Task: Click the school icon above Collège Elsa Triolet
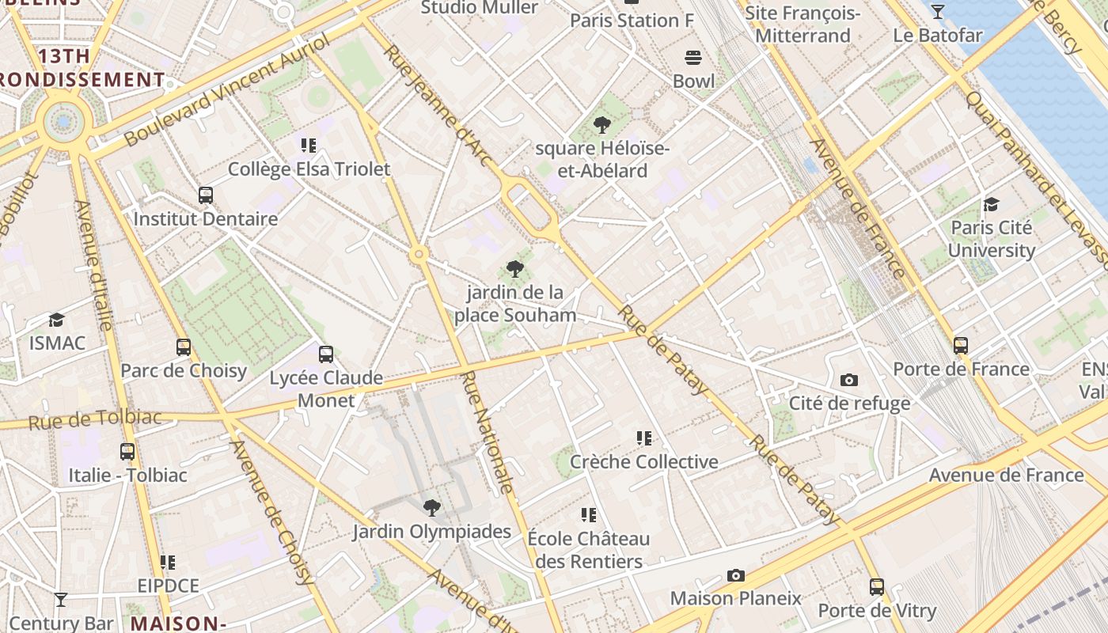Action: pos(309,145)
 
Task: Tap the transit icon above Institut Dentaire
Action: pos(206,195)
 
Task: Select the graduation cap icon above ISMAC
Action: pos(56,320)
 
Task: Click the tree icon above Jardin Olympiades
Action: pos(431,507)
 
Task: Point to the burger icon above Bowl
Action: pos(693,58)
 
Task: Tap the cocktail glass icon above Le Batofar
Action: pos(938,11)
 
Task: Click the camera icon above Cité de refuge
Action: pos(849,380)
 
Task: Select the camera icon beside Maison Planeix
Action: pos(736,575)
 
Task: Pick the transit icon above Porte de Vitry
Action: pos(877,587)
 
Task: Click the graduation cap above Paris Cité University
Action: pos(991,204)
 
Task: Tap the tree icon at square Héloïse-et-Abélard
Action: pos(602,124)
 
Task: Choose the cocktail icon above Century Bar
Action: pos(61,599)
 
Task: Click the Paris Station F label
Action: pos(632,21)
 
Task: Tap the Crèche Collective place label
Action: pos(643,461)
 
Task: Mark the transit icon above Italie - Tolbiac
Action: pos(127,452)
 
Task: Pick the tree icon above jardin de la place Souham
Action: pos(515,269)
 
